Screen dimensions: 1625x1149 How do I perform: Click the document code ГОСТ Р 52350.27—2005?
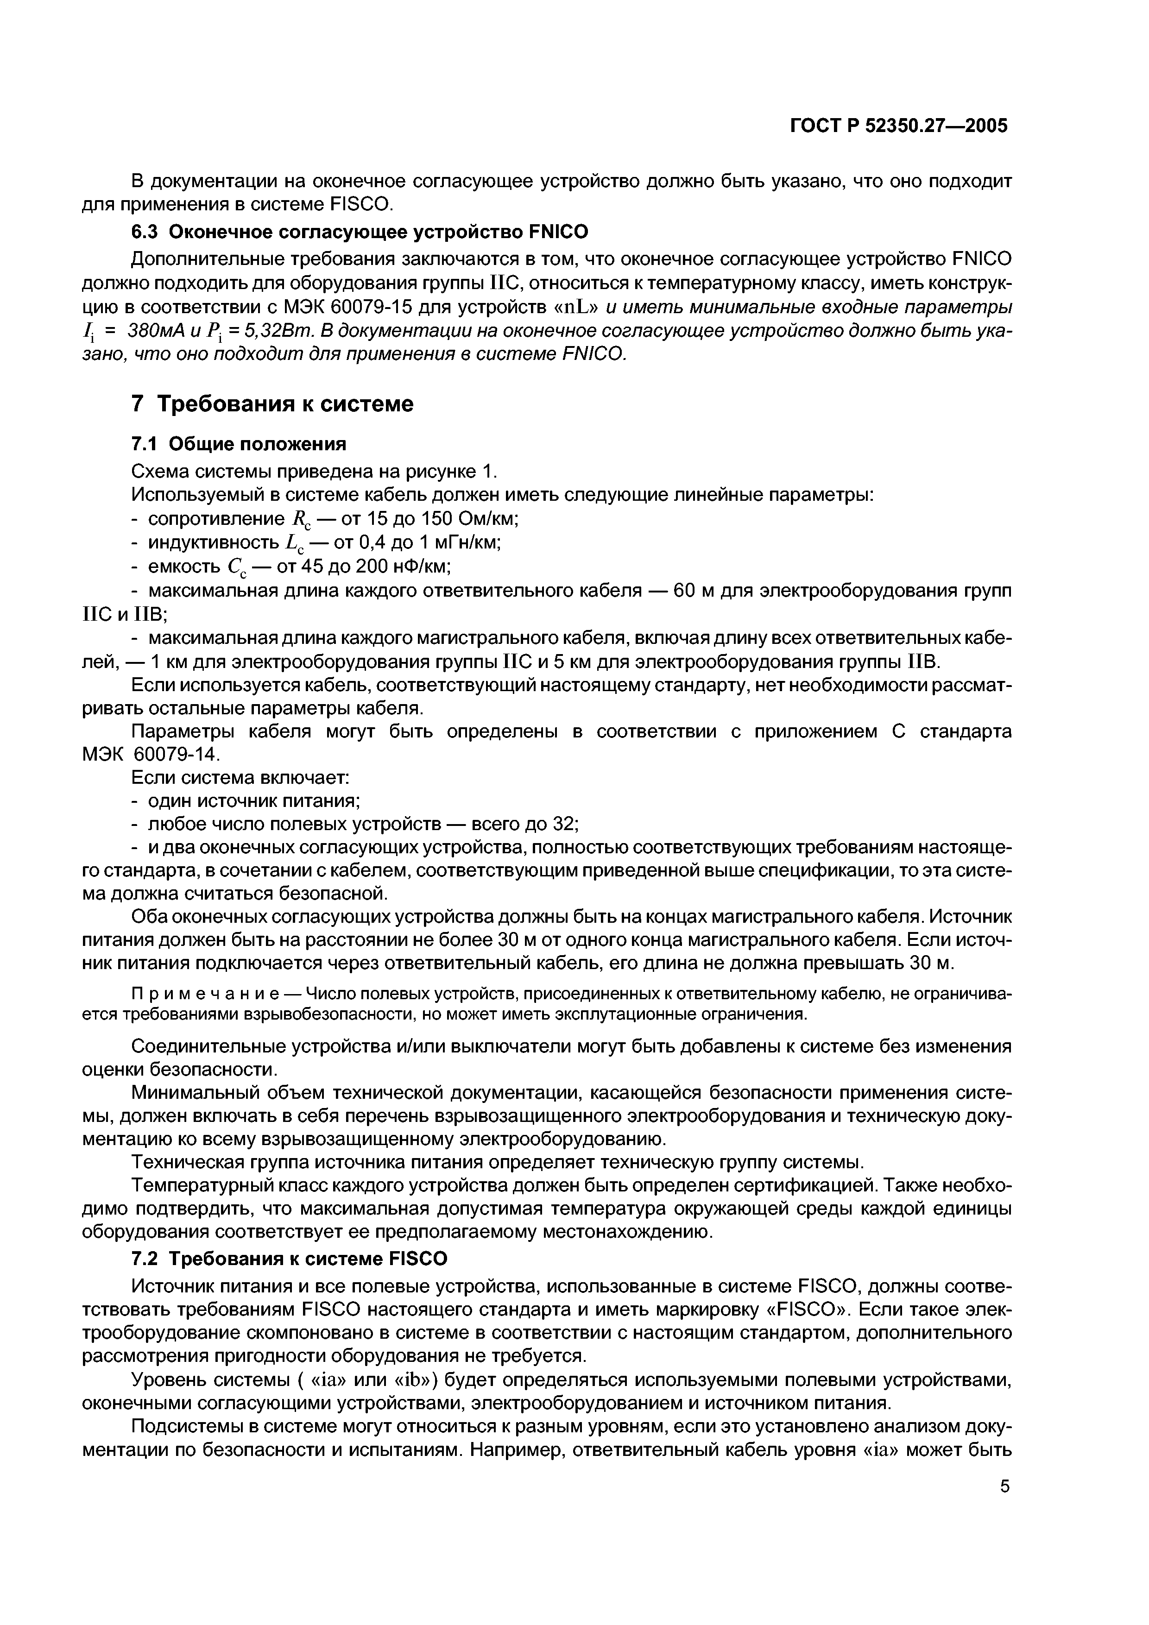pos(898,126)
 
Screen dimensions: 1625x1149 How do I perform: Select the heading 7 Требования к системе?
pos(272,404)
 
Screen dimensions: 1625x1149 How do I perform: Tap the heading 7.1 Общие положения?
pos(239,444)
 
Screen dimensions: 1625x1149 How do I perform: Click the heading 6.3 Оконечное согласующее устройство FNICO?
pos(360,232)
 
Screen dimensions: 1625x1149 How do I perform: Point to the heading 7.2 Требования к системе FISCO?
pos(290,1259)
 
